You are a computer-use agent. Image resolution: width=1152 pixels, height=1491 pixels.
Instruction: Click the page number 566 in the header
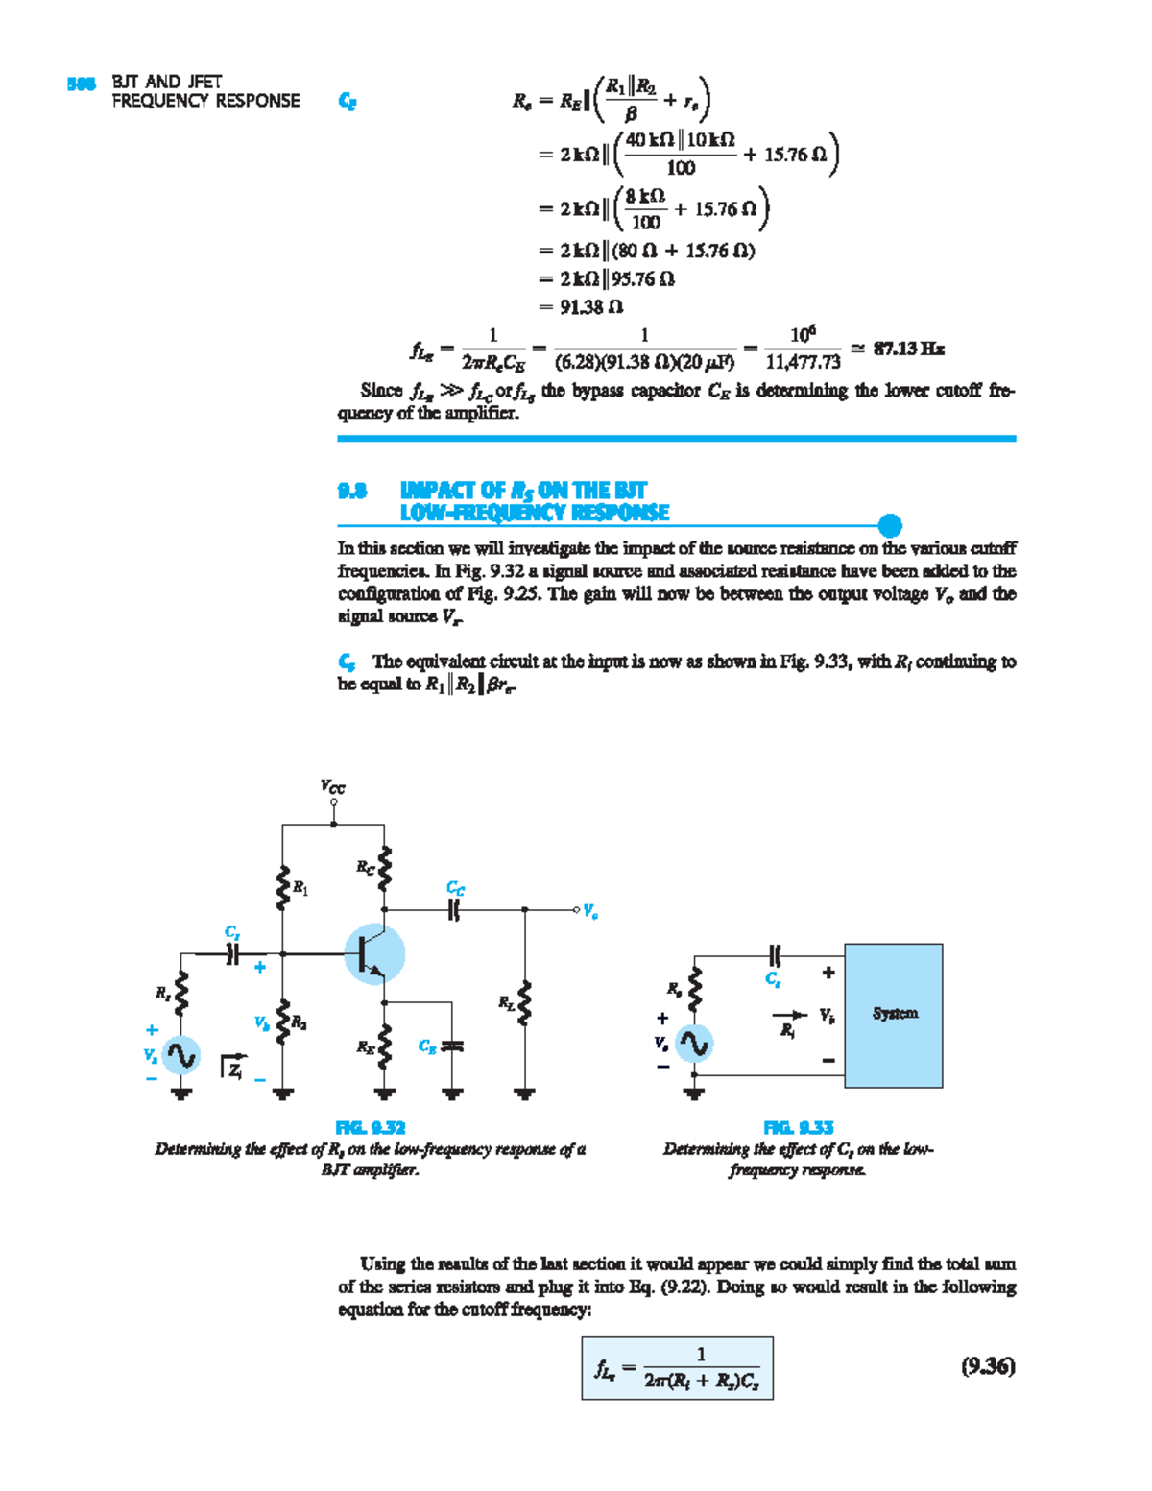[x=81, y=84]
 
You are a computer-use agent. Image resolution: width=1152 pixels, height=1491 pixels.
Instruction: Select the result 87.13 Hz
[x=908, y=349]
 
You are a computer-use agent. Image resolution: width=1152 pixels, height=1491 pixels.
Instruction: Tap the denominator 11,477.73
[x=803, y=362]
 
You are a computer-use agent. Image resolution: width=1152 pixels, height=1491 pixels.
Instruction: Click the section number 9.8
[x=351, y=491]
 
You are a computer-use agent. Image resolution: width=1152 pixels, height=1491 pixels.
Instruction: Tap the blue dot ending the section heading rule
[x=890, y=525]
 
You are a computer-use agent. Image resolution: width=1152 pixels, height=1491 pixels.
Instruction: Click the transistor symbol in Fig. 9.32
[x=374, y=953]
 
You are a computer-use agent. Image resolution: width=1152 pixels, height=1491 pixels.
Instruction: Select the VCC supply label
[x=332, y=787]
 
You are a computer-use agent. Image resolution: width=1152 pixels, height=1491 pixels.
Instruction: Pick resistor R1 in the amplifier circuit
[x=284, y=888]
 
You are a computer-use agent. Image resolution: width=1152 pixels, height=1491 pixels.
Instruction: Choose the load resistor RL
[x=524, y=1003]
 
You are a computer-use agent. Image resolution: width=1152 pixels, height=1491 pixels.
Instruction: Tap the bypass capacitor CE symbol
[x=452, y=1046]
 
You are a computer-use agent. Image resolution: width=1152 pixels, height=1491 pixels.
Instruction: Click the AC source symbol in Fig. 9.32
[x=180, y=1055]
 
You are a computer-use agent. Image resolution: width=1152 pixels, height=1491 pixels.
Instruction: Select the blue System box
[x=894, y=1015]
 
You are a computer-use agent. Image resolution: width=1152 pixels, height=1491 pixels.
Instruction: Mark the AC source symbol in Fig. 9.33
[x=693, y=1044]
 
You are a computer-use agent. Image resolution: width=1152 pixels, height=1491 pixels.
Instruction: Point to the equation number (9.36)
[x=988, y=1366]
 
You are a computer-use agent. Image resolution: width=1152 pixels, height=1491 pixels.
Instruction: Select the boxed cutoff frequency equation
[x=677, y=1368]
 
